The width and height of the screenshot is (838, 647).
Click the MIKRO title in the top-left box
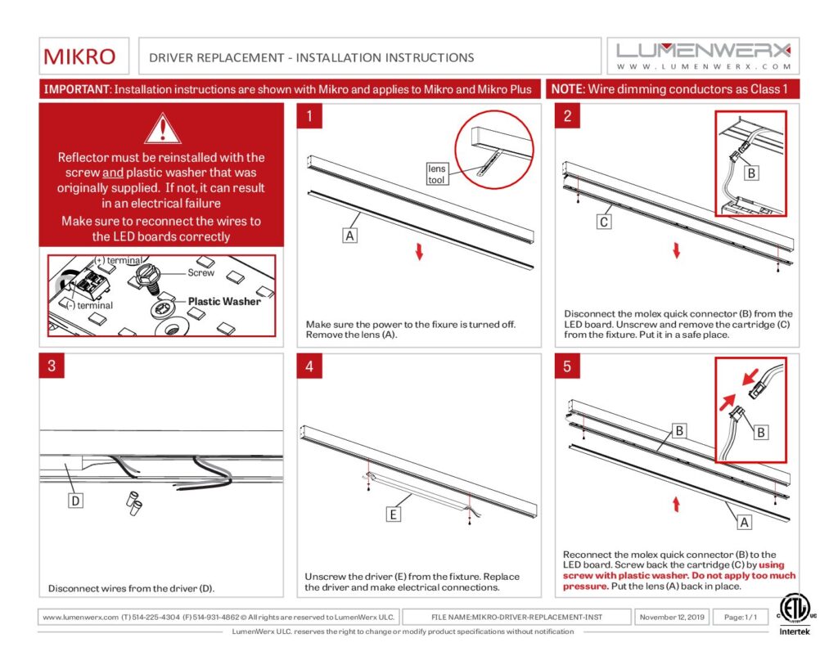[x=79, y=57]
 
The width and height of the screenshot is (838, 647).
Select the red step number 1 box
[x=309, y=116]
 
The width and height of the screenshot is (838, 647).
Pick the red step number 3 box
[x=52, y=366]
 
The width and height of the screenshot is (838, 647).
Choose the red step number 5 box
[x=567, y=366]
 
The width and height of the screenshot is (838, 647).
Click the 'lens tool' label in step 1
[x=437, y=174]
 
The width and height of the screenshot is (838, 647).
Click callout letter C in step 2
[x=604, y=221]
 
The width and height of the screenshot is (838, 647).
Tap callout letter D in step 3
[x=74, y=501]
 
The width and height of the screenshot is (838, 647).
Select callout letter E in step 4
[x=394, y=514]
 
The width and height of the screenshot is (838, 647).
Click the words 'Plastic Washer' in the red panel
[x=224, y=301]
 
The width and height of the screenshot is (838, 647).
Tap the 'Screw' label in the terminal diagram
[x=201, y=272]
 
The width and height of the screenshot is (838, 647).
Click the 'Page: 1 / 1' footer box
[x=740, y=616]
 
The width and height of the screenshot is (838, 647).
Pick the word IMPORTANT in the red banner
[x=77, y=89]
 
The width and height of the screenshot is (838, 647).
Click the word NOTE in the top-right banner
[x=565, y=89]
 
